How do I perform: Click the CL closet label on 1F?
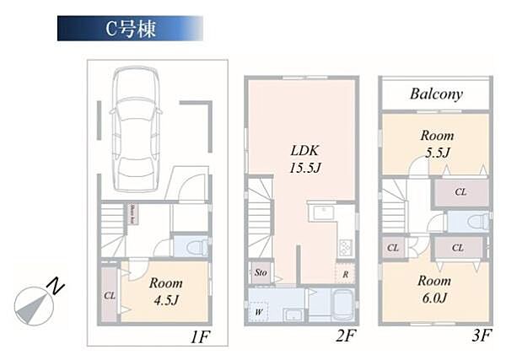[x=110, y=296]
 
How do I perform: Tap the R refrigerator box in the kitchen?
[x=346, y=274]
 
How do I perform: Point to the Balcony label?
[x=436, y=94]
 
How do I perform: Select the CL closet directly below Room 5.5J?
[x=460, y=192]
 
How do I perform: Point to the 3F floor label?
[x=481, y=336]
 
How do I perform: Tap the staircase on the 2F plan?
[x=261, y=223]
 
